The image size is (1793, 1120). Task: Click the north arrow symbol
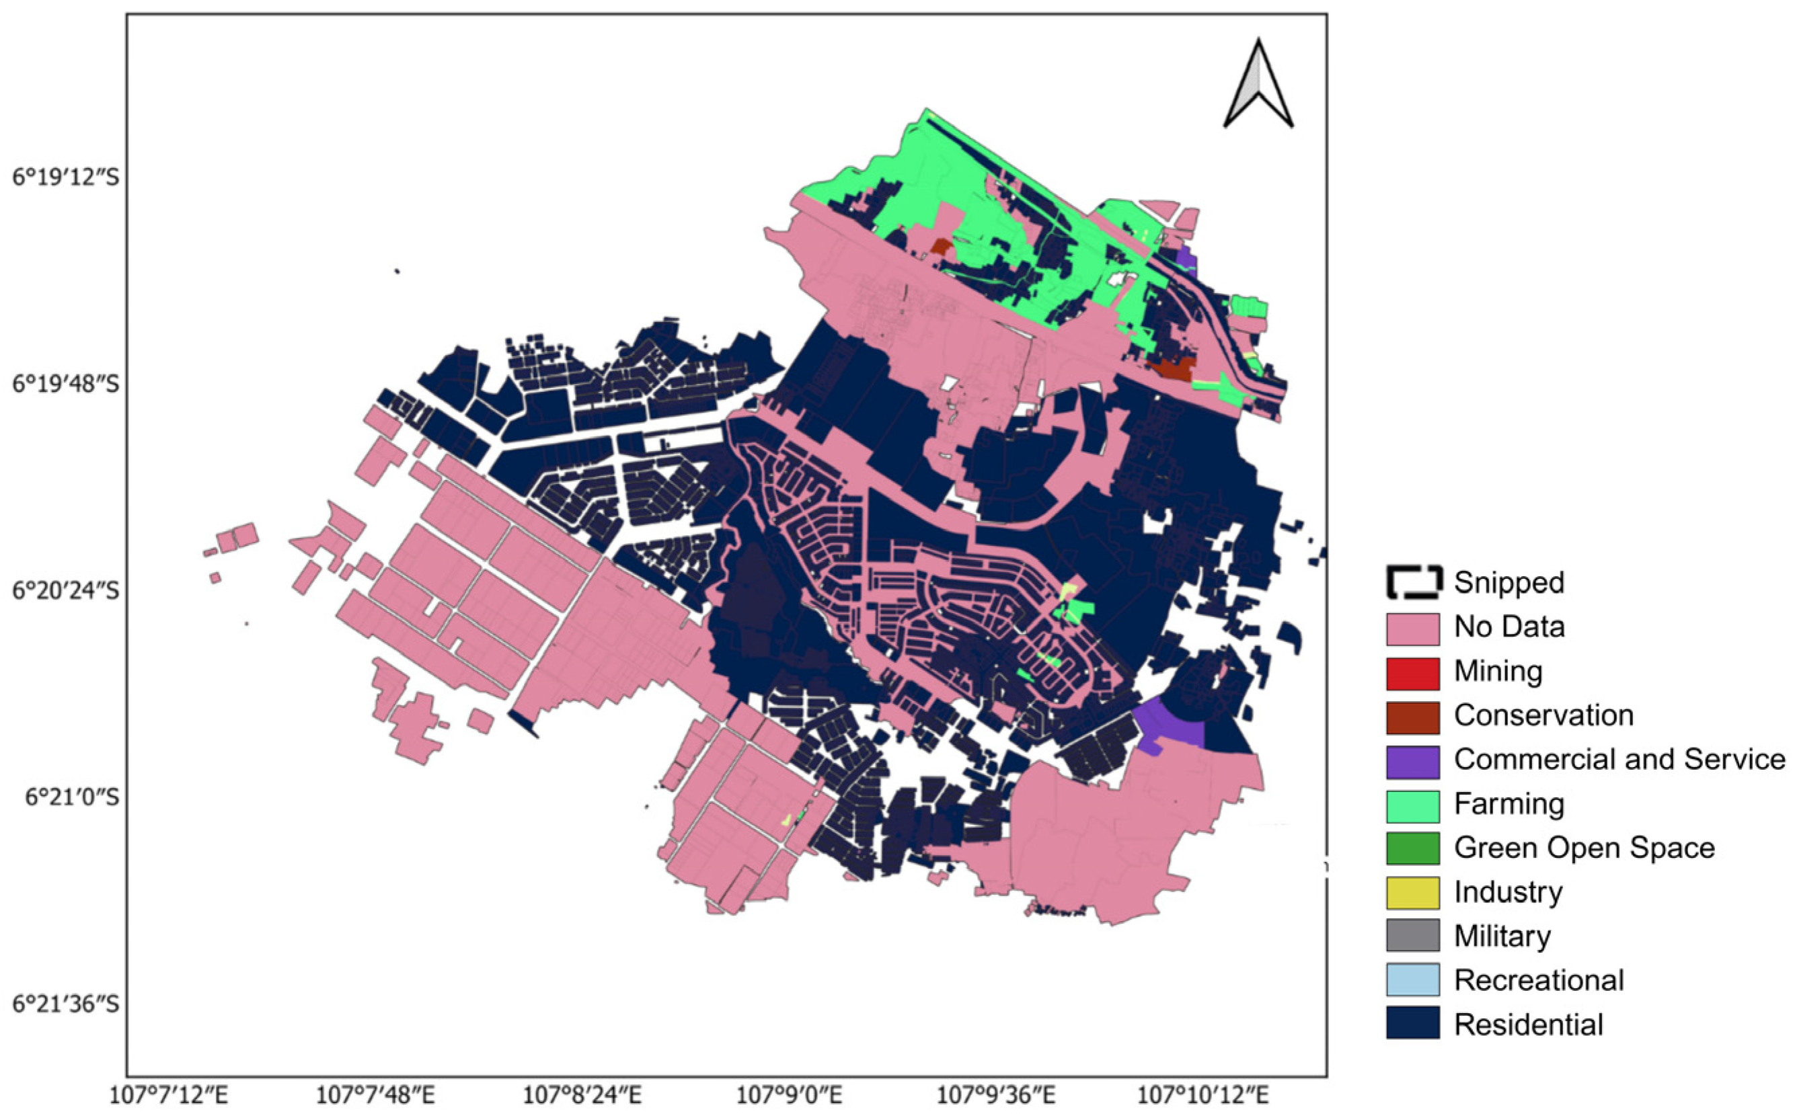[x=1258, y=85]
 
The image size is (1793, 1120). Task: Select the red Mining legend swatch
[x=1412, y=674]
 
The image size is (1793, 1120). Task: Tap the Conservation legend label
[x=1543, y=715]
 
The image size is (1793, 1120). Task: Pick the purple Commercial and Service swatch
[x=1412, y=762]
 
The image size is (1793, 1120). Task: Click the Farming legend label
[x=1509, y=804]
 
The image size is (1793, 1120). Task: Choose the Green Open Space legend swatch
[x=1412, y=849]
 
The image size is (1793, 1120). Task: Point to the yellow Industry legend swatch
[x=1412, y=893]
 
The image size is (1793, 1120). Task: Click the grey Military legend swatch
[x=1412, y=936]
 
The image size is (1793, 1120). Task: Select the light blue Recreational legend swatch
[x=1412, y=980]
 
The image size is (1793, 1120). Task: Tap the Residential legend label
[x=1528, y=1025]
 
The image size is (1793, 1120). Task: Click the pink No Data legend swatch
[x=1412, y=629]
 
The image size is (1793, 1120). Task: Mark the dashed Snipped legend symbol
[x=1414, y=583]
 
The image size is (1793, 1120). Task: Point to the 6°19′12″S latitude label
[x=65, y=177]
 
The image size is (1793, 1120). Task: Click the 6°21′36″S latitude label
[x=65, y=1004]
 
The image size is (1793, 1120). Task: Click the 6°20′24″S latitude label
[x=65, y=591]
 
